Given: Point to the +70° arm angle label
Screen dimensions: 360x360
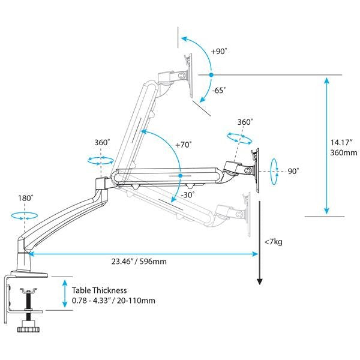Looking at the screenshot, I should coord(183,145).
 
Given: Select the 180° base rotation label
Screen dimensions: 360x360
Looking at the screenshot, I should coord(25,197).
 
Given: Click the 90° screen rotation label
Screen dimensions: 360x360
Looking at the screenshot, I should coord(293,171).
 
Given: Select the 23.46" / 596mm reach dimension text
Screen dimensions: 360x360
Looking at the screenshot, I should coord(138,262).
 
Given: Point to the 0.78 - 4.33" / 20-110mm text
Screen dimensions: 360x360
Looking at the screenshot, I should coord(113,300).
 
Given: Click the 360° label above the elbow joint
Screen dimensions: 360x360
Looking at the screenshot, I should coord(102,143).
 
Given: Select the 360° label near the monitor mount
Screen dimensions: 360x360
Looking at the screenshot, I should coord(244,122).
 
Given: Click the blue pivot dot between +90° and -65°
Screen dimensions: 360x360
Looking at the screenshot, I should coord(211,75).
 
